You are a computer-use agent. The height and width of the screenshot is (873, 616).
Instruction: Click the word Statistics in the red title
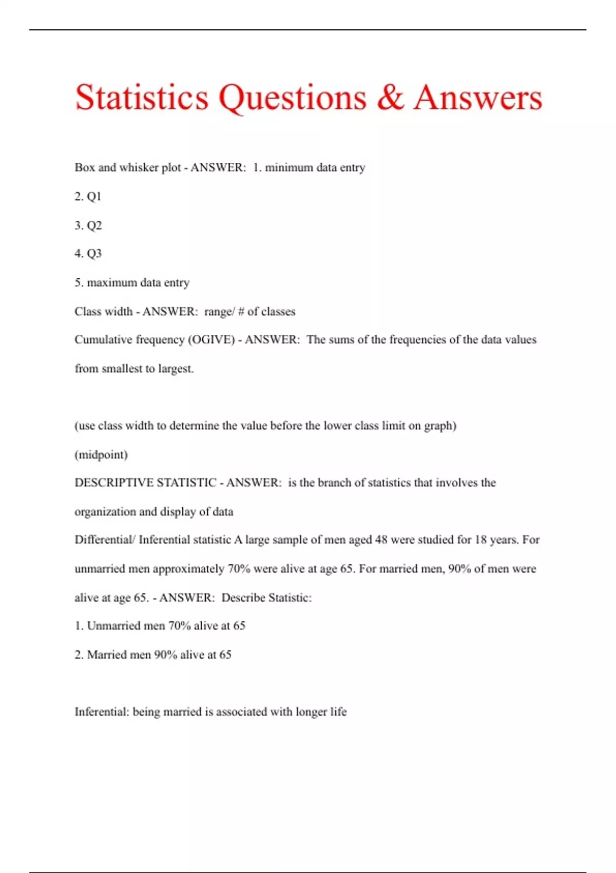click(142, 98)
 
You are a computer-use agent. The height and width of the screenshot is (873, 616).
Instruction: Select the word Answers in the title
click(478, 98)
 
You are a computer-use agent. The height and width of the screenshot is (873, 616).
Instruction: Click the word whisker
click(139, 167)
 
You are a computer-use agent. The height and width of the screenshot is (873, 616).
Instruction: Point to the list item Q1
click(94, 196)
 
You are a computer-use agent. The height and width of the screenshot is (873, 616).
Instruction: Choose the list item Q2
click(94, 225)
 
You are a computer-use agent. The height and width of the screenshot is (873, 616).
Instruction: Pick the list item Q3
click(94, 253)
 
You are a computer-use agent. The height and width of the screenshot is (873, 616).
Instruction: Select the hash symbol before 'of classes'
click(241, 312)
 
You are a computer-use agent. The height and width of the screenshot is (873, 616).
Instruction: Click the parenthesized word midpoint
click(101, 454)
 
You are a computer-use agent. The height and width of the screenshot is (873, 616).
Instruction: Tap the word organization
click(105, 511)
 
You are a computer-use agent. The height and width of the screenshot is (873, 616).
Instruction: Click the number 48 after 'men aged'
click(381, 540)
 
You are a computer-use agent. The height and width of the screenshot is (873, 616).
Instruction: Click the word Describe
click(243, 598)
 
